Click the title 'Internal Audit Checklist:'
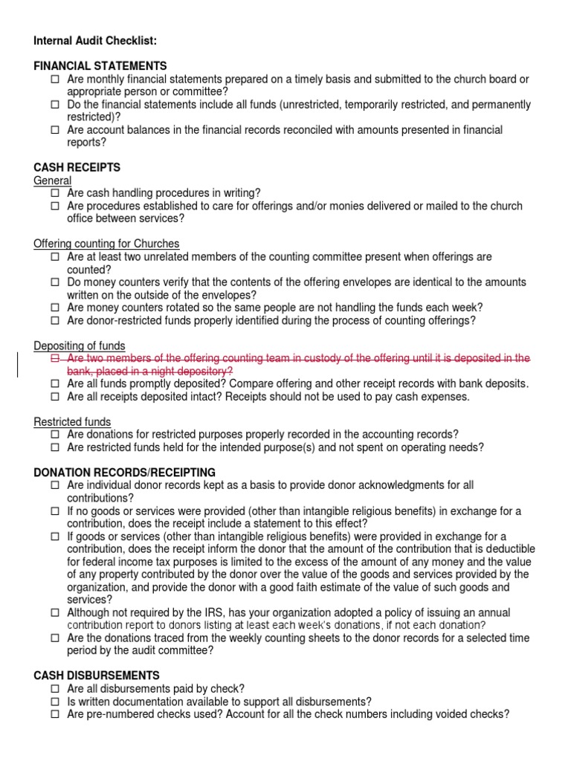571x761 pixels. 95,40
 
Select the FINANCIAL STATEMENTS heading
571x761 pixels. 100,66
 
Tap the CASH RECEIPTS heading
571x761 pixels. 77,168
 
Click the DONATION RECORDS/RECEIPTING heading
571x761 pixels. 125,473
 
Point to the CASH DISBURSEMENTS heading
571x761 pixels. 97,676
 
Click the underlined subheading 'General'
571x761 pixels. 53,181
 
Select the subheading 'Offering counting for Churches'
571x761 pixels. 106,244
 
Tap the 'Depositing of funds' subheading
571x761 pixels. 80,346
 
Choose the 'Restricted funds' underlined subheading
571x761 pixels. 72,422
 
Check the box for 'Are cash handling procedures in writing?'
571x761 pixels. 56,193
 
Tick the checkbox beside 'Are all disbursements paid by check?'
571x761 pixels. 56,689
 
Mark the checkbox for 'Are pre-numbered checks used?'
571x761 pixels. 56,714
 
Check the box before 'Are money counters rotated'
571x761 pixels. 56,308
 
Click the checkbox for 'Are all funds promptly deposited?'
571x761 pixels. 56,384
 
